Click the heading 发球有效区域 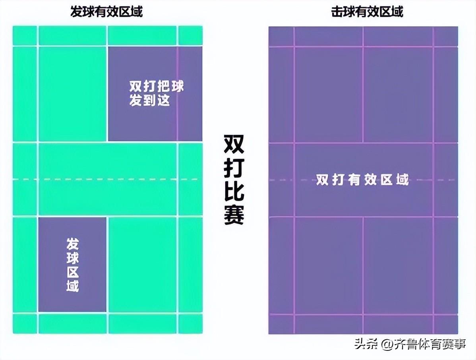click(x=106, y=12)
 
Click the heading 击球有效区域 click(x=367, y=12)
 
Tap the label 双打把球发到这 click(x=156, y=93)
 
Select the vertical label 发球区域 click(x=72, y=265)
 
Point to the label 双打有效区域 click(x=362, y=180)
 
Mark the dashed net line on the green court click(x=107, y=179)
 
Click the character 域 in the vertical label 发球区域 click(x=72, y=285)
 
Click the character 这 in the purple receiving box click(x=163, y=100)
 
